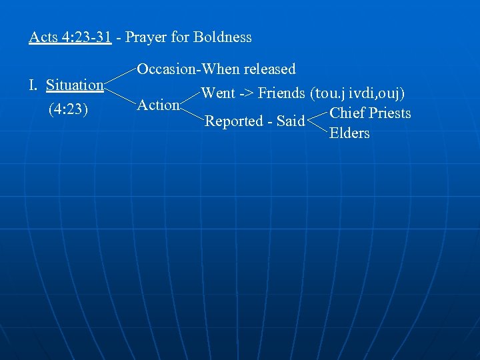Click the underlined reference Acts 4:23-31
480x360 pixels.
pos(69,37)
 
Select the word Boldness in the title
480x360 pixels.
pos(222,37)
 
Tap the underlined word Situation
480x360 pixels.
pos(75,85)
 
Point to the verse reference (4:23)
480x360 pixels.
pos(69,109)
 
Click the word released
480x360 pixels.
pos(269,69)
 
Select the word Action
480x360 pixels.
pos(158,105)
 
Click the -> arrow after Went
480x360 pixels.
pos(246,93)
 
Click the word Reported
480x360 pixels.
pos(234,121)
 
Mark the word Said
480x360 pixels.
pos(291,121)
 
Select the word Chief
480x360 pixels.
pos(347,113)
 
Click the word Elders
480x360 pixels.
pos(349,133)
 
